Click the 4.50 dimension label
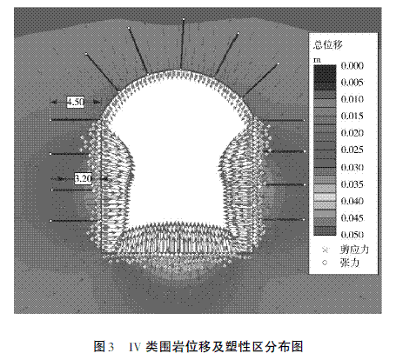click(76, 102)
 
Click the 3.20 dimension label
click(83, 178)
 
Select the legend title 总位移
click(328, 44)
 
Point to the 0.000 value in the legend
click(352, 65)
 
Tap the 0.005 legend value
click(352, 83)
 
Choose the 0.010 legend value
click(352, 99)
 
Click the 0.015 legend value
click(352, 116)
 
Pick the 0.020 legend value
click(352, 133)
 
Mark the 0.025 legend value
click(352, 150)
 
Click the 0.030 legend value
click(352, 167)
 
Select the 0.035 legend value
click(352, 184)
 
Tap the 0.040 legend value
click(352, 201)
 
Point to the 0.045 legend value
click(352, 217)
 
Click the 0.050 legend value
click(352, 234)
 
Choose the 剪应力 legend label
click(354, 250)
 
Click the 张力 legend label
click(350, 263)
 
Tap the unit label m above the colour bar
click(317, 60)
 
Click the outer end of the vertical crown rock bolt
click(184, 19)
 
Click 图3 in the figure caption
click(104, 346)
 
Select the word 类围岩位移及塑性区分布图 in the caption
click(225, 346)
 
